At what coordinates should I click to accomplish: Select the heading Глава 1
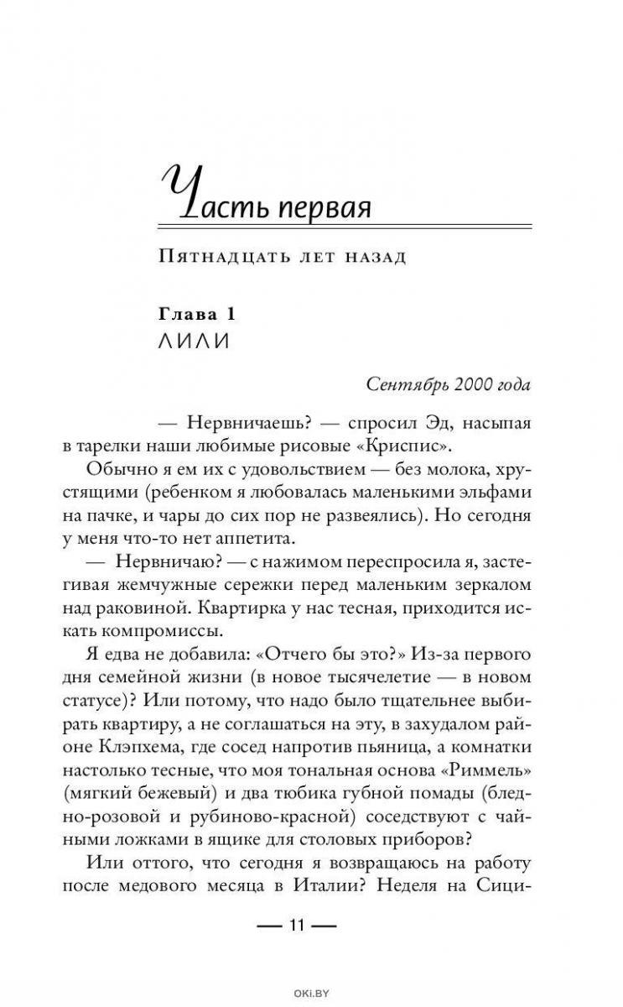point(195,314)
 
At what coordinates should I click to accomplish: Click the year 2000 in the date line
point(479,384)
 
